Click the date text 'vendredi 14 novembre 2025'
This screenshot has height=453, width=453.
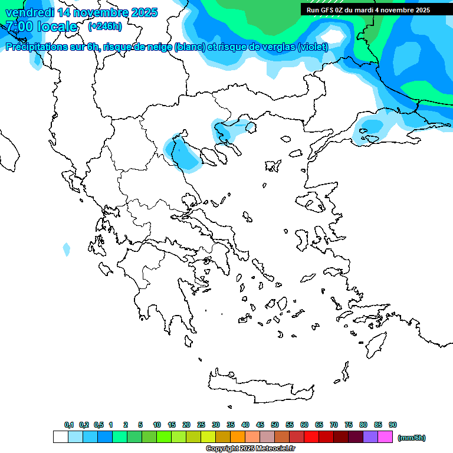(x=81, y=12)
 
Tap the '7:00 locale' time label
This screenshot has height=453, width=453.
(x=41, y=27)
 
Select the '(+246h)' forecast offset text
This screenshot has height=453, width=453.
(x=104, y=26)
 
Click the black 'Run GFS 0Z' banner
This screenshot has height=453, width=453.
(x=368, y=9)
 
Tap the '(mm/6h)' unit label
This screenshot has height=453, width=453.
(x=412, y=438)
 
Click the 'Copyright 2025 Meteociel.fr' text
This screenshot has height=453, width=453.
(x=250, y=449)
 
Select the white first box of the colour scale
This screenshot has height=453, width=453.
(x=60, y=437)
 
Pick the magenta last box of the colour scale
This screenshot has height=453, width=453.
(x=385, y=437)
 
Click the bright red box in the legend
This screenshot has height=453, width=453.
(x=311, y=437)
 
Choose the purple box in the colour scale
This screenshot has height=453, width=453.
(x=370, y=437)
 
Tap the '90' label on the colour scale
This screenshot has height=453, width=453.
(x=393, y=425)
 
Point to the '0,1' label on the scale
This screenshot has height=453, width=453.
(x=69, y=425)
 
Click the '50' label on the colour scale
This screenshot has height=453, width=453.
(x=275, y=425)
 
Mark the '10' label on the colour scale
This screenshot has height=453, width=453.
(x=157, y=425)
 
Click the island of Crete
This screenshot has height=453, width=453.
(x=260, y=387)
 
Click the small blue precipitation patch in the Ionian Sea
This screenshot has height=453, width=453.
(x=67, y=250)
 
